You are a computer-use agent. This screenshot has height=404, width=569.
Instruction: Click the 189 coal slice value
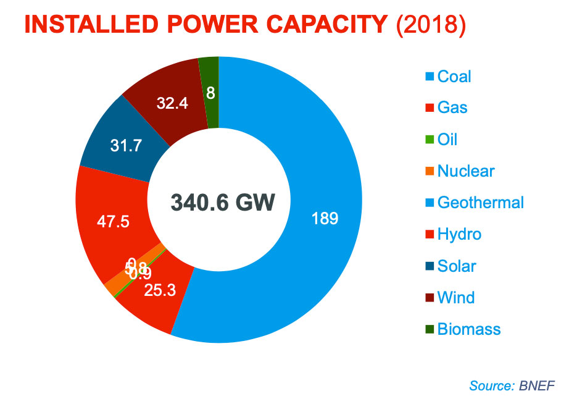coord(325,218)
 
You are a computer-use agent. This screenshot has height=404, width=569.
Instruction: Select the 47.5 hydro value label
coord(114,222)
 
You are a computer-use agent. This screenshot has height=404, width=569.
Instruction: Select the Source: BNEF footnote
coord(512,386)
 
